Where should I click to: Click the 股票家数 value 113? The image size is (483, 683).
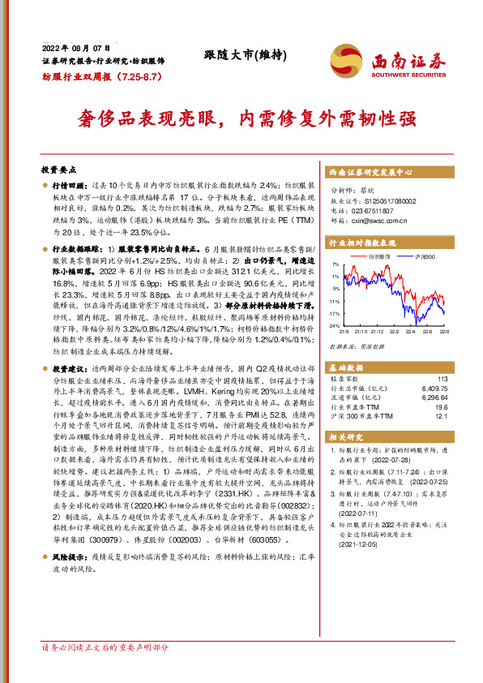pos(442,379)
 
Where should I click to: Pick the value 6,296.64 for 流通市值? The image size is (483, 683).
pos(435,397)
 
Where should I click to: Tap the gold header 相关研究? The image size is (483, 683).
pos(344,437)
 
